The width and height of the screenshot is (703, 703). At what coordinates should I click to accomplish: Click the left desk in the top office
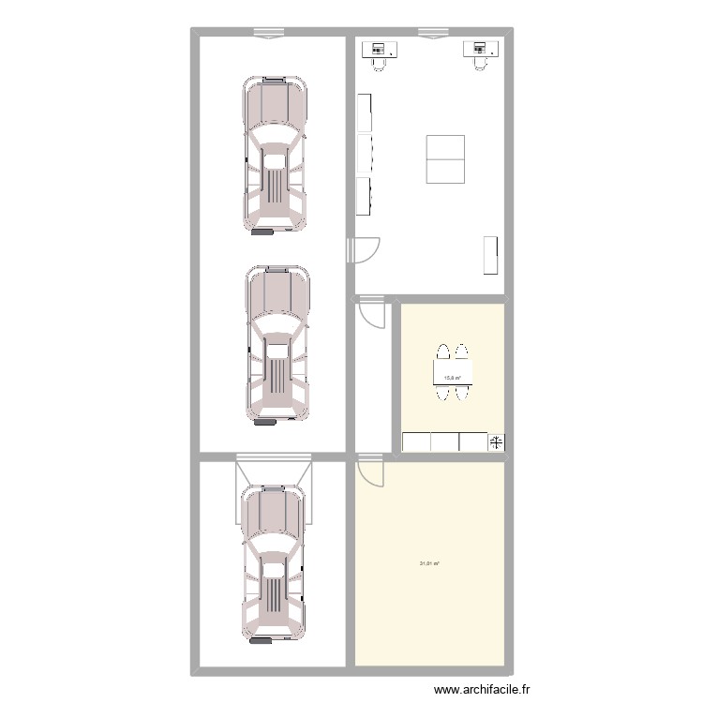tap(380, 49)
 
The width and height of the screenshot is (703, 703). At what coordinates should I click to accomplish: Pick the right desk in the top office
tap(480, 48)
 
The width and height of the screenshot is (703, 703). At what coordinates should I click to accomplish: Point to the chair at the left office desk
tap(380, 63)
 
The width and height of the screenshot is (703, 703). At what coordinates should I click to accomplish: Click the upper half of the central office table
tap(445, 147)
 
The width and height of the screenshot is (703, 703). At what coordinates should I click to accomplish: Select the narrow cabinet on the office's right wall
tap(489, 255)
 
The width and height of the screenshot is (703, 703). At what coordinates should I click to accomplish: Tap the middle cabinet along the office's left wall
tap(364, 155)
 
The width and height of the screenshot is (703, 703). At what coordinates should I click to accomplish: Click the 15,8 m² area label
tap(452, 378)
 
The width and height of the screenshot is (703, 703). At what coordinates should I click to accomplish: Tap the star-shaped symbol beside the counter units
tap(496, 442)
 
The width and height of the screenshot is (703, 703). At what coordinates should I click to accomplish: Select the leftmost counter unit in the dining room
tap(415, 441)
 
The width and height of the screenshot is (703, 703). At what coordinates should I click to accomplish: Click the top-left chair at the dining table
tap(440, 353)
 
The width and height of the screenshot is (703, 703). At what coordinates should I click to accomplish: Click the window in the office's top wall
tap(433, 34)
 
